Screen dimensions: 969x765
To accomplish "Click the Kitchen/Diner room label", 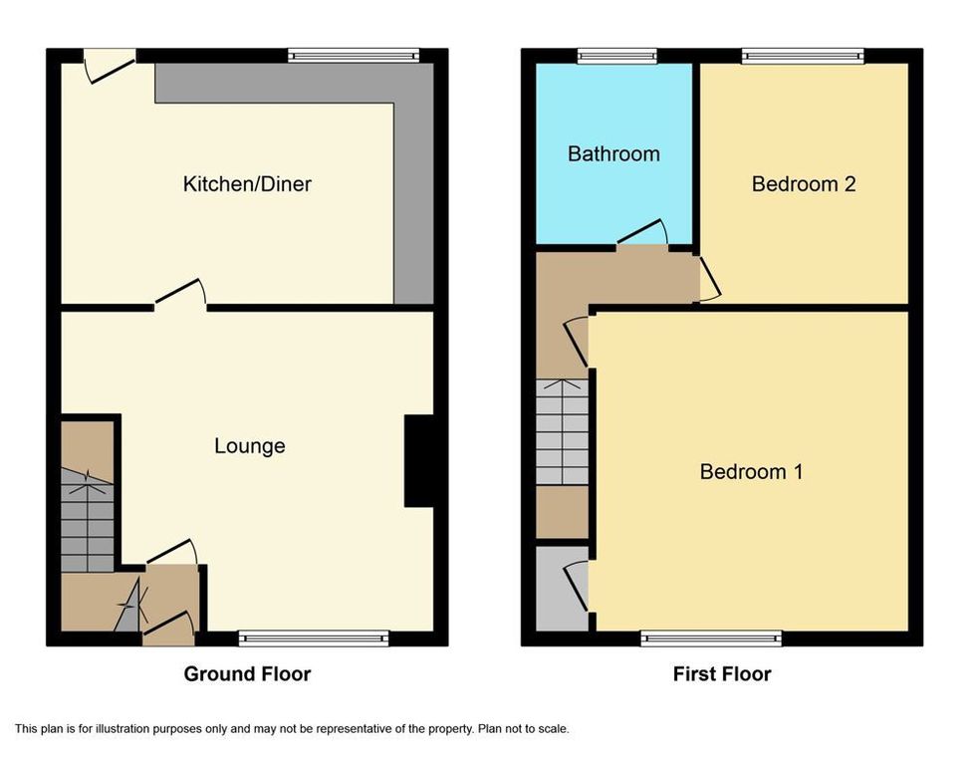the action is pos(247,184).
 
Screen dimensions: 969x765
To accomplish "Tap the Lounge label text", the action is pos(250,446).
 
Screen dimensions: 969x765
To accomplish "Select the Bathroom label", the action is pos(613,153).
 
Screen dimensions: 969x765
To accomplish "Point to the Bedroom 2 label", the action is pos(804,184).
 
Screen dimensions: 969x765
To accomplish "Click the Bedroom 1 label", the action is pos(752,472).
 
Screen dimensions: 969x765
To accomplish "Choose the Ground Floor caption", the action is pos(247,673).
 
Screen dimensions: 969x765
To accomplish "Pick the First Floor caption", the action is pos(722,673).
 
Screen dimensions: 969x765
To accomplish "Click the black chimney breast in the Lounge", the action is pos(418,461).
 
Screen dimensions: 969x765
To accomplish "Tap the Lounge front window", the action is pos(314,638).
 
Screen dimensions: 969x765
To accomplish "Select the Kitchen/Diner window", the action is pos(354,56).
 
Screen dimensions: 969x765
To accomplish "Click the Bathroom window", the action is pos(616,56).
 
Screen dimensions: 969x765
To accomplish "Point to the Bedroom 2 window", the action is pos(803,56).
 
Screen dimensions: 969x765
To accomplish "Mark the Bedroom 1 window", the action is pos(711,638).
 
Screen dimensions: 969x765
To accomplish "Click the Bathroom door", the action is pos(642,232).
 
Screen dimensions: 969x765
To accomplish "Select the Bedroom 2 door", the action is pos(709,279).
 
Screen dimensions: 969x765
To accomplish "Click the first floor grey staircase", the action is pos(562,432).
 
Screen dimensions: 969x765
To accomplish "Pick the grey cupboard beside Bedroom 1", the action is pos(562,589).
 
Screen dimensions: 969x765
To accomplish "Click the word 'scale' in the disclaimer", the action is pos(553,729).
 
